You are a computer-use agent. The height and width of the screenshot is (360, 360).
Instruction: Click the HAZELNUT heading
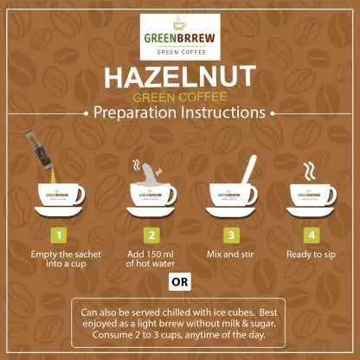pyautogui.click(x=180, y=77)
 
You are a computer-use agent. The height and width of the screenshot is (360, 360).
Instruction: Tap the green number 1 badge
pyautogui.click(x=59, y=235)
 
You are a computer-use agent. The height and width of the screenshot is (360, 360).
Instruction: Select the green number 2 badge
pyautogui.click(x=151, y=235)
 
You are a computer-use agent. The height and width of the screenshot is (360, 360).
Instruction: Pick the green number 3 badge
pyautogui.click(x=231, y=235)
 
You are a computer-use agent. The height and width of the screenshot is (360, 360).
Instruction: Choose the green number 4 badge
pyautogui.click(x=312, y=235)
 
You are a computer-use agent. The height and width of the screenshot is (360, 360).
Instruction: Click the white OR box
pyautogui.click(x=180, y=281)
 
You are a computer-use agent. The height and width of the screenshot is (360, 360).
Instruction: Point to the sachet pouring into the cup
pyautogui.click(x=38, y=150)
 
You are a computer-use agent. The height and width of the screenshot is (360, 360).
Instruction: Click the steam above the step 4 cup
pyautogui.click(x=309, y=171)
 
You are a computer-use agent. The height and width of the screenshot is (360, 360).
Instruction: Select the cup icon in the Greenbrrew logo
pyautogui.click(x=179, y=23)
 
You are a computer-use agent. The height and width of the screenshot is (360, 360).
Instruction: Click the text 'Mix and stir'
pyautogui.click(x=230, y=254)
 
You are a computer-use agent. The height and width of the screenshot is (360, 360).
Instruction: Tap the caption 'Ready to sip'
pyautogui.click(x=311, y=254)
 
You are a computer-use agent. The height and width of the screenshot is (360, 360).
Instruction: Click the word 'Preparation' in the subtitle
pyautogui.click(x=135, y=112)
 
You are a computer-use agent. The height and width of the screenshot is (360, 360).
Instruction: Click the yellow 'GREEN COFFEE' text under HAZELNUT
pyautogui.click(x=180, y=97)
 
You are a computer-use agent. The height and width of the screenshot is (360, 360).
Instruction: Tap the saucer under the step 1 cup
pyautogui.click(x=59, y=211)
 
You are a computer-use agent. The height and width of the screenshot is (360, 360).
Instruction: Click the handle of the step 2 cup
pyautogui.click(x=171, y=194)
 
